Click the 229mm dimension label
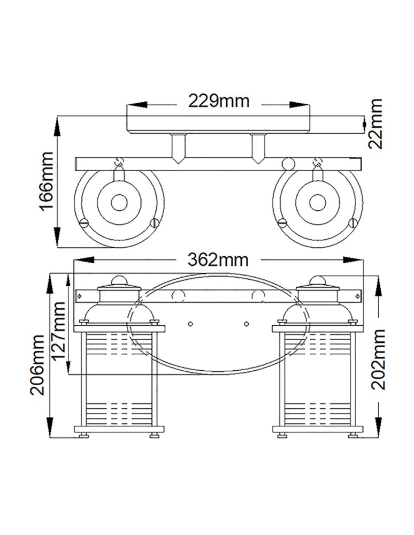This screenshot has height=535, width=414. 218,100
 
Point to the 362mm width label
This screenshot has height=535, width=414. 218,259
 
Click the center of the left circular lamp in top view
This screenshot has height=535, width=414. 119,202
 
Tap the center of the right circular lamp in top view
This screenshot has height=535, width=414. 318,202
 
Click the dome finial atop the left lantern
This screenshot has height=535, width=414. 119,279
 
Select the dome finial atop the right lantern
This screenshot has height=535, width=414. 318,279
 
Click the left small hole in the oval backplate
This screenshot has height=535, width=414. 191,324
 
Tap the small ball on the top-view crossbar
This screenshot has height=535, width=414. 288,163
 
